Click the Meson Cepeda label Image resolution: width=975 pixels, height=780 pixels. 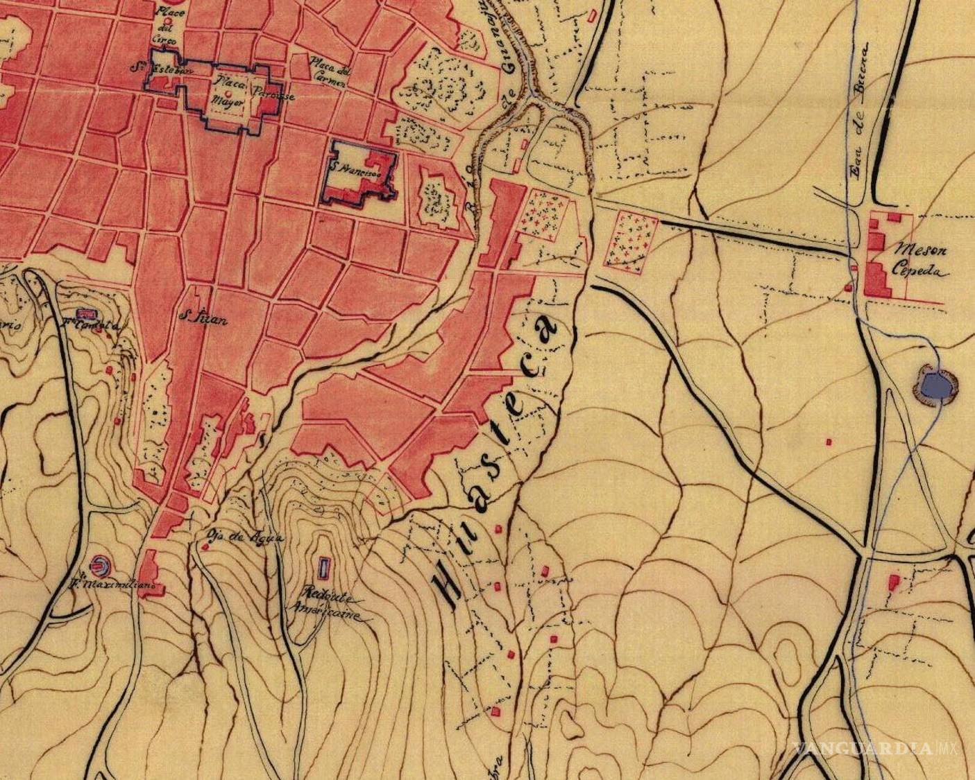click(x=922, y=259)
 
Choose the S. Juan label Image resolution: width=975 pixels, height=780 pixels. click(x=194, y=318)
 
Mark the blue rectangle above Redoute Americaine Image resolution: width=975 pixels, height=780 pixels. click(x=323, y=568)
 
